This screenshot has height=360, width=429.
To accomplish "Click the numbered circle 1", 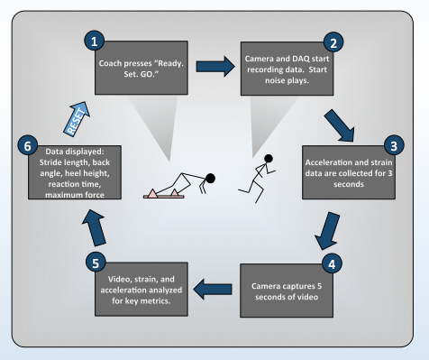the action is (x=95, y=41).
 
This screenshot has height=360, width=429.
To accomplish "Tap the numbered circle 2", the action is (x=333, y=42).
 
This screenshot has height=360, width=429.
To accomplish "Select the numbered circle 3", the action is (x=394, y=145).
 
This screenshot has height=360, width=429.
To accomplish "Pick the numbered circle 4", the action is (x=332, y=263).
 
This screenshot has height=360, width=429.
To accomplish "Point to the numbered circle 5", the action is (x=96, y=263).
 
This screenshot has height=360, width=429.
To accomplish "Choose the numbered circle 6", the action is (x=28, y=145).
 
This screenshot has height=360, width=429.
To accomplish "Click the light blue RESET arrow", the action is (x=77, y=119).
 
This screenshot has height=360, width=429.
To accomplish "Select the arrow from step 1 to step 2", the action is (x=215, y=67).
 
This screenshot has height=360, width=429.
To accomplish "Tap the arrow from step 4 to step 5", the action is (x=213, y=289).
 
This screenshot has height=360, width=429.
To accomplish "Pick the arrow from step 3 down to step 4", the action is (x=327, y=231).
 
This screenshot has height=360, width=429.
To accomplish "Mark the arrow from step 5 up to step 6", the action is (x=94, y=227).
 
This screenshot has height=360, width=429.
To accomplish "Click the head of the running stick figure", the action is (x=269, y=158).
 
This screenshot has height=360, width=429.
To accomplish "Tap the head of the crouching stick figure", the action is (x=210, y=179).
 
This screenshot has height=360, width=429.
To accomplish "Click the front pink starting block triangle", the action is (x=174, y=192).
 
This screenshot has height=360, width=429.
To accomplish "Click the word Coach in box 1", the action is (x=110, y=63).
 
